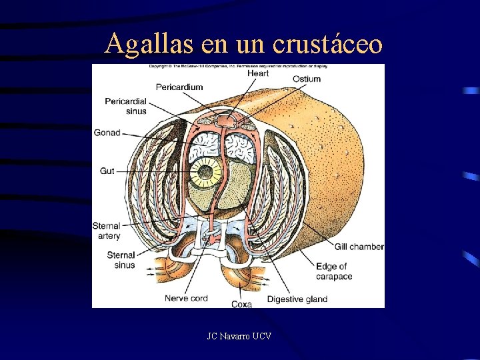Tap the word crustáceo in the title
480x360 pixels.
pos(327,44)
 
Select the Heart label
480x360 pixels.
pos(258,73)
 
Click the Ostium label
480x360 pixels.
pos(306,79)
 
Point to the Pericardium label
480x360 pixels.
pos(179,87)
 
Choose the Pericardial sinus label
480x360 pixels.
pos(125,106)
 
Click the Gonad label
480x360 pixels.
pos(107,133)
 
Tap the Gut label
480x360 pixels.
pos(107,171)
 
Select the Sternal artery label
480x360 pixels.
pos(107,231)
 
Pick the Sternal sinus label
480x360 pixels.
pos(121,260)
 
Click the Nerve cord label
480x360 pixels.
pos(186,299)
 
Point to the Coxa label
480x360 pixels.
pos(241,304)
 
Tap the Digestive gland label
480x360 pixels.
pos(297,299)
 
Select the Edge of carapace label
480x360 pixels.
pos(333,271)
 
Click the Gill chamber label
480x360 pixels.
pos(359,247)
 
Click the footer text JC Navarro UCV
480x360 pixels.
pos(239,337)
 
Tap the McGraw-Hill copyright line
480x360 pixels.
pos(238,67)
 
